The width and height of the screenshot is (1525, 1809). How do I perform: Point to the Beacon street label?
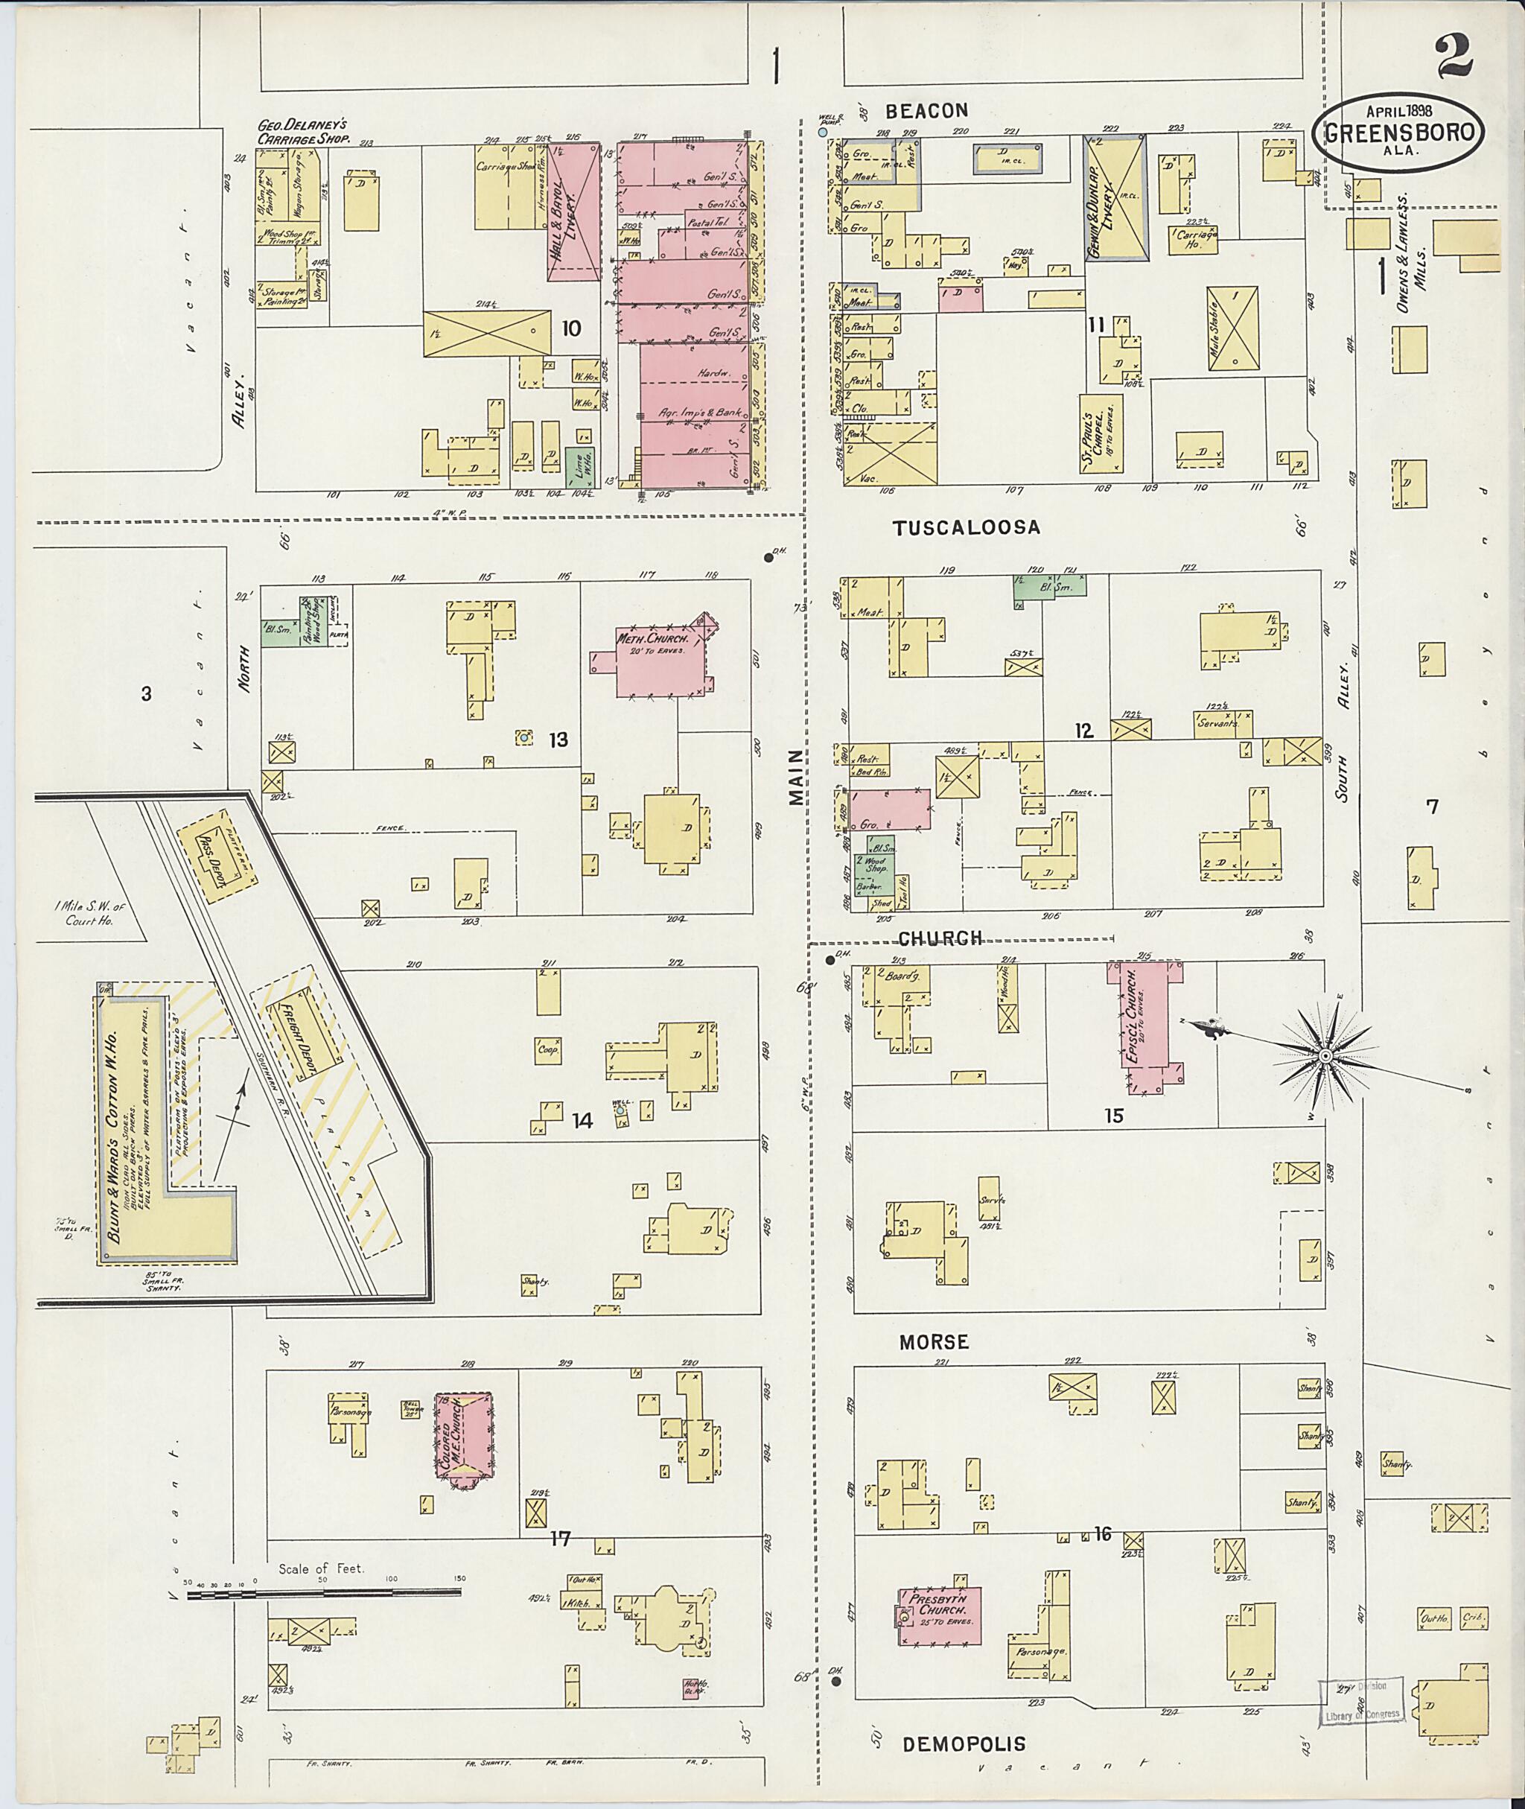click(926, 111)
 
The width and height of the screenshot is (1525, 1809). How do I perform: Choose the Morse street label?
click(934, 1342)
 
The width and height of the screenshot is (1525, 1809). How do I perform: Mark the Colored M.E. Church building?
click(462, 1439)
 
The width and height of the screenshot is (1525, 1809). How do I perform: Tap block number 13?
click(558, 740)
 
